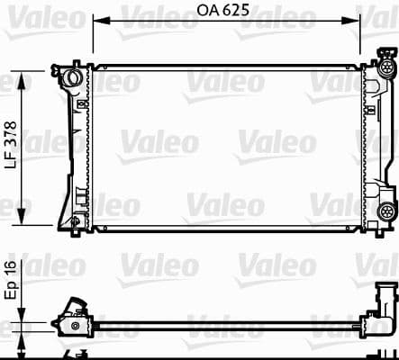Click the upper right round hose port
[388, 68]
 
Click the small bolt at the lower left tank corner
[75, 220]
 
